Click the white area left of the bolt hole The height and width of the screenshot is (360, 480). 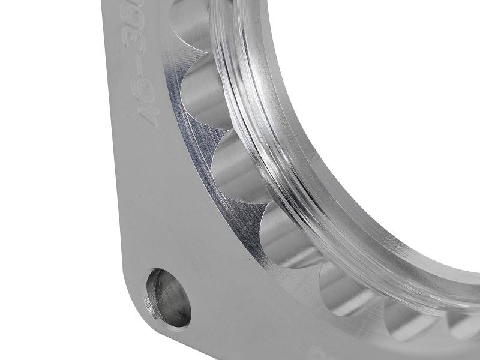click(x=60, y=270)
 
